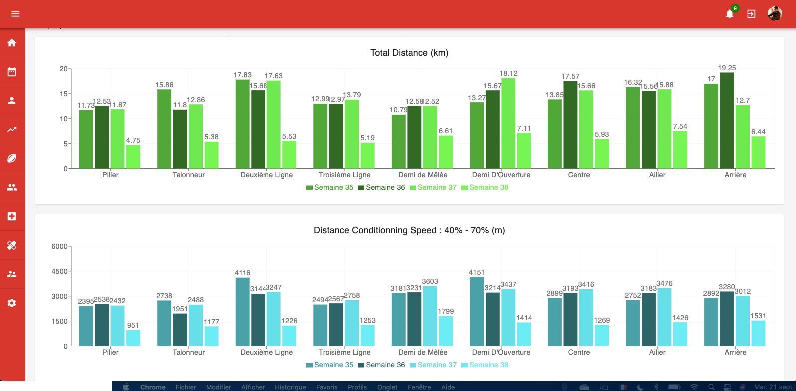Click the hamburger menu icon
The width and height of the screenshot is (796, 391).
[x=15, y=14]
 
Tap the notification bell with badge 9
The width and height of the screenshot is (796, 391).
[x=730, y=14]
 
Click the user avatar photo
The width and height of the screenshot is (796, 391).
[x=775, y=14]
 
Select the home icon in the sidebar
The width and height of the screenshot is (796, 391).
[x=12, y=43]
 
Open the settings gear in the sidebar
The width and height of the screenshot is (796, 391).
[x=12, y=303]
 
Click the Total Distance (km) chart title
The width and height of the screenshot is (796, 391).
[x=409, y=53]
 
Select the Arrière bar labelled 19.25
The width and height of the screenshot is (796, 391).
[x=727, y=121]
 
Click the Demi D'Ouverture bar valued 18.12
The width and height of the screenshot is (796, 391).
[x=508, y=123]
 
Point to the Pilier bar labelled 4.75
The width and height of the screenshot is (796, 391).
[x=133, y=157]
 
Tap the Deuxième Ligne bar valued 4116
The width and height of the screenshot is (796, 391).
[x=242, y=312]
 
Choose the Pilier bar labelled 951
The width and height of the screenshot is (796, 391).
[x=133, y=338]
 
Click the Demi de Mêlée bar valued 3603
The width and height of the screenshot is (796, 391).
[x=430, y=316]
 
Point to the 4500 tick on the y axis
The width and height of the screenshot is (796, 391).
[x=60, y=271]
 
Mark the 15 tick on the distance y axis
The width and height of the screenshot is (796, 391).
[x=64, y=94]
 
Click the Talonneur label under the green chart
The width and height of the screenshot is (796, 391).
[x=189, y=175]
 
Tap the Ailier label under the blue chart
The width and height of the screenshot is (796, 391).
[x=657, y=352]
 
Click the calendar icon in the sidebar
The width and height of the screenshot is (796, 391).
[x=12, y=72]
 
